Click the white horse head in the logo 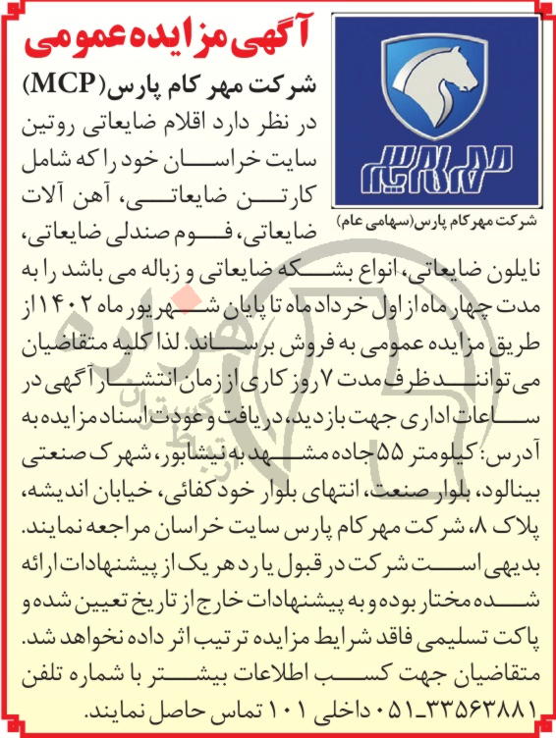[439, 84]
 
